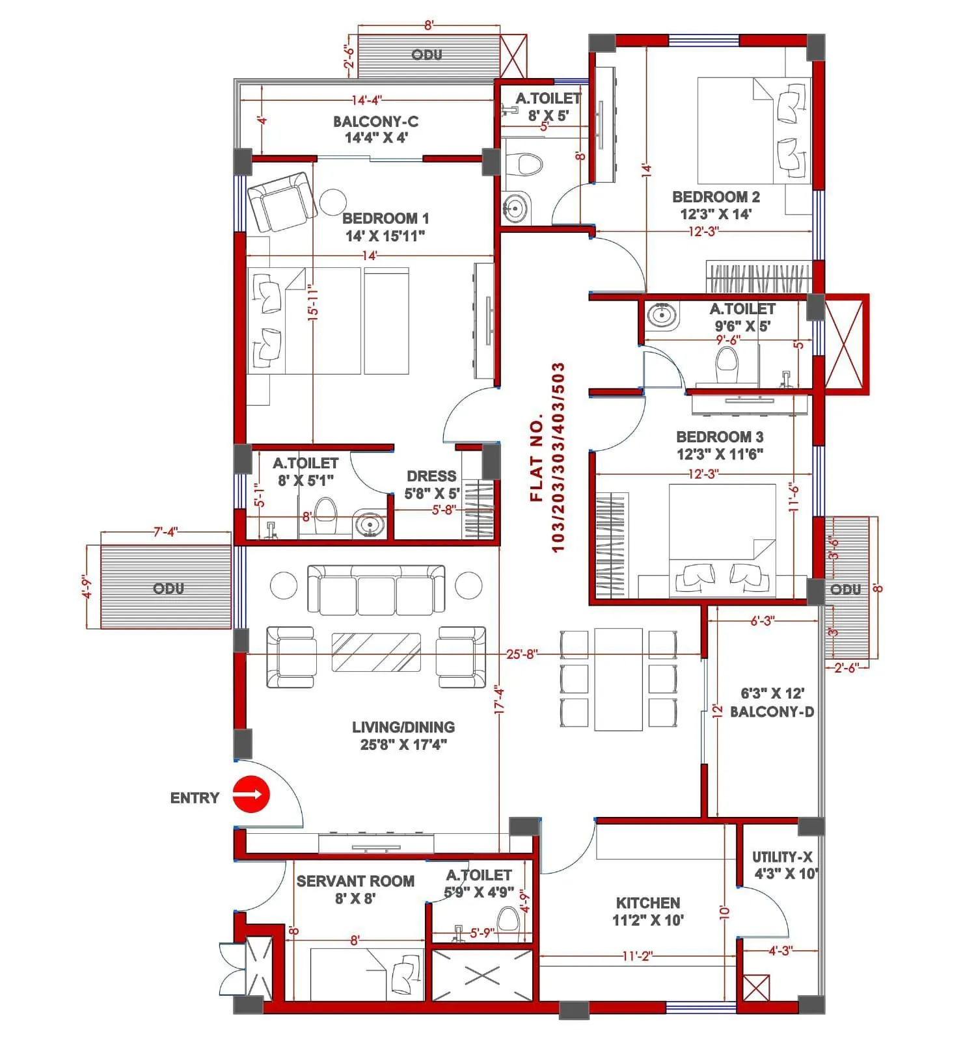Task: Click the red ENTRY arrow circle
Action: (251, 794)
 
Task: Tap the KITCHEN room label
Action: (648, 903)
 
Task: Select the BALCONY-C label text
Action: (375, 122)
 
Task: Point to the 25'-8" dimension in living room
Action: (522, 654)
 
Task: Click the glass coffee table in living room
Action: (375, 652)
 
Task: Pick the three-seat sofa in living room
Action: (376, 590)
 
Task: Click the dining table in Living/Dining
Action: (618, 678)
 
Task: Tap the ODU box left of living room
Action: (167, 587)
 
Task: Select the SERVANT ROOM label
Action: (355, 881)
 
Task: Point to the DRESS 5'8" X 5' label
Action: (432, 485)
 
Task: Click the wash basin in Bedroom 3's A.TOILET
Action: (662, 315)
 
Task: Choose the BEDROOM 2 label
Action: (716, 196)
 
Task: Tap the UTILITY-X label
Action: (782, 857)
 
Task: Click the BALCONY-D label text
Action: (772, 712)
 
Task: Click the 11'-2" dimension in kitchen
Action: (637, 956)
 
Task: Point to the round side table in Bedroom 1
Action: (332, 202)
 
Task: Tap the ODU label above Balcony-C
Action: (427, 55)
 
